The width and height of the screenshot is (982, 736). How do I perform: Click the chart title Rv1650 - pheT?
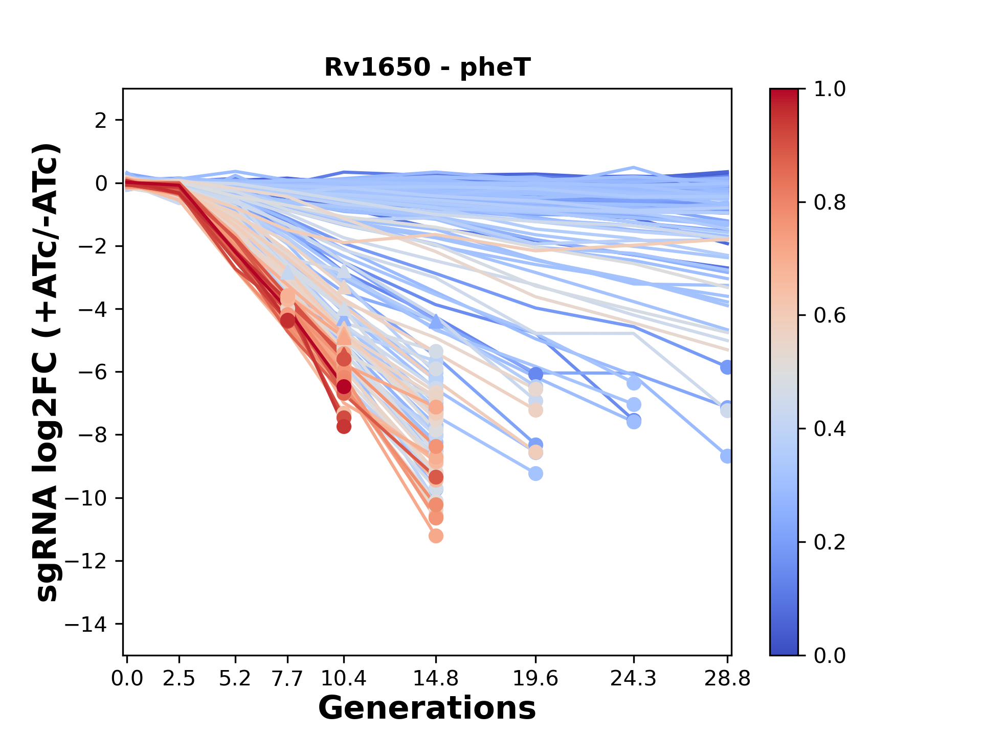point(427,67)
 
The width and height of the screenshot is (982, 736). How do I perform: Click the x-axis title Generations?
point(427,708)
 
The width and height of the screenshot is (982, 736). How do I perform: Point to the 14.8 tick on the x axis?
point(436,679)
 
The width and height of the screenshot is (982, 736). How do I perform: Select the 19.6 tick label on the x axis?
point(535,679)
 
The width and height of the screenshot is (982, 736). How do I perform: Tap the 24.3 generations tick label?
point(634,679)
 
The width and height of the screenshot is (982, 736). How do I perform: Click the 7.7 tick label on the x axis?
point(288,679)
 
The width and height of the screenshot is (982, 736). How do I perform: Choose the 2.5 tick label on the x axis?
point(179,679)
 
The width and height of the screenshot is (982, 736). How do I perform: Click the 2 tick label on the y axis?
point(101,120)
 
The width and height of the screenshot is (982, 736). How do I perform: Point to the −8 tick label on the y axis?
point(92,435)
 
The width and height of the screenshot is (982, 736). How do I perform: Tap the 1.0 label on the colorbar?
point(830,89)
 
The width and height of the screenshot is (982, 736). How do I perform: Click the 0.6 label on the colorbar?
point(830,315)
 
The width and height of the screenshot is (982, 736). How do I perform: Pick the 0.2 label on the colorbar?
point(830,542)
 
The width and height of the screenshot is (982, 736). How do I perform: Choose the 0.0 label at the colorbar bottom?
point(830,655)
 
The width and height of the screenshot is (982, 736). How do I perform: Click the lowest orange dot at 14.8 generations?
point(436,536)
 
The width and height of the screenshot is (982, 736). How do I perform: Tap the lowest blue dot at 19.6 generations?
point(535,474)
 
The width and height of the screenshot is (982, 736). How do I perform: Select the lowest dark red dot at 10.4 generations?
point(344,426)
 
